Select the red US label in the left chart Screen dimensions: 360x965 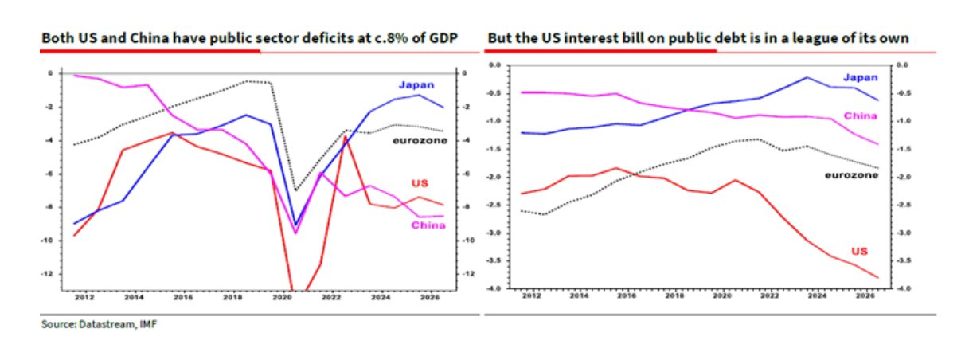pyautogui.click(x=419, y=184)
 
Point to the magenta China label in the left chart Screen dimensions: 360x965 pyautogui.click(x=428, y=225)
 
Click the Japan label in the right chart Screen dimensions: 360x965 pyautogui.click(x=860, y=77)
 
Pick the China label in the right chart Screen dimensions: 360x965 pyautogui.click(x=860, y=116)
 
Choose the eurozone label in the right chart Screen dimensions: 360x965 pyautogui.click(x=852, y=174)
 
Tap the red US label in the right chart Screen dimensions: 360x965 pyautogui.click(x=859, y=250)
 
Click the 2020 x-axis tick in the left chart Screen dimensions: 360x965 pyautogui.click(x=282, y=296)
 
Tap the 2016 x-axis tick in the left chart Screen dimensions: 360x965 pyautogui.click(x=182, y=296)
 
